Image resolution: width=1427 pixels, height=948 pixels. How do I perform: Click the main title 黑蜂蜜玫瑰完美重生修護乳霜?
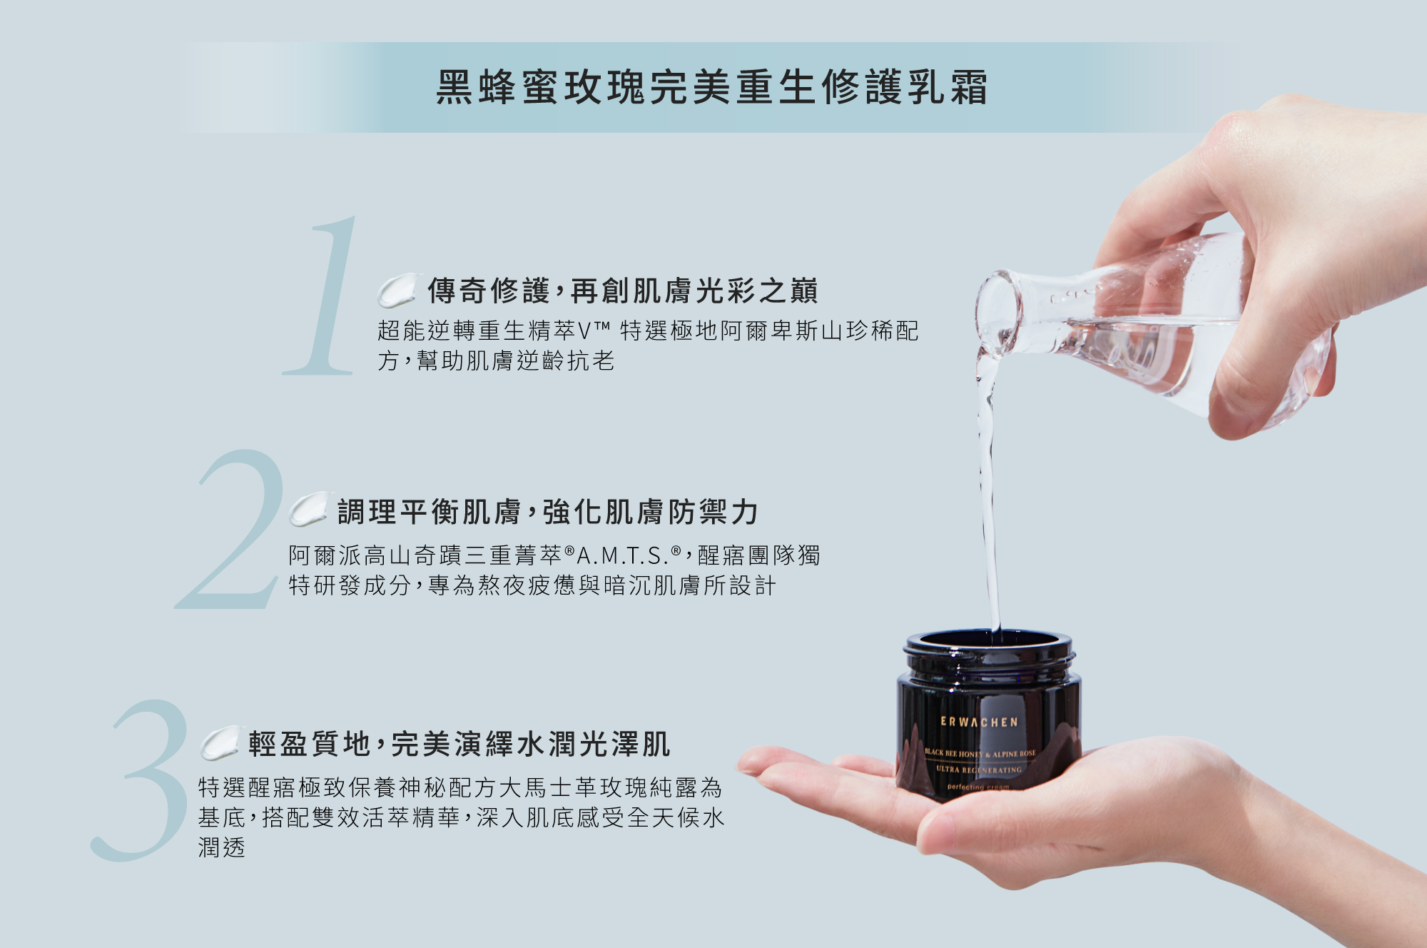point(712,87)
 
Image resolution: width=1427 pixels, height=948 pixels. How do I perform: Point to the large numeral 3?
point(140,780)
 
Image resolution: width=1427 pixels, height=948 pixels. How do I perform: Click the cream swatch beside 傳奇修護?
point(397,290)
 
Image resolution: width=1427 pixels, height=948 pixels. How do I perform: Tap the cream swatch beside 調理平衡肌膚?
point(309,509)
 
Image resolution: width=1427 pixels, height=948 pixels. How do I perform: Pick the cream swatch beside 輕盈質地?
point(220,743)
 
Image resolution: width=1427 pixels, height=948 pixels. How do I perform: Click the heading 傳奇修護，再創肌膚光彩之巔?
point(622,291)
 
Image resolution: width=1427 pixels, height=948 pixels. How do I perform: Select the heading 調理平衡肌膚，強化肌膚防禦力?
point(547,512)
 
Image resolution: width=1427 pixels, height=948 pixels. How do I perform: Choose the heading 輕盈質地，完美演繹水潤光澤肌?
point(459,744)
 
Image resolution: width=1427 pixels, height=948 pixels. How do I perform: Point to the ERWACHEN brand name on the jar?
point(979,722)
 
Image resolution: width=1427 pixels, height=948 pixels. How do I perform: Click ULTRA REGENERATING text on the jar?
point(979,770)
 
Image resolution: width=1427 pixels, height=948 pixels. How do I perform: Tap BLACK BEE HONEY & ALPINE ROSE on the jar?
point(980,753)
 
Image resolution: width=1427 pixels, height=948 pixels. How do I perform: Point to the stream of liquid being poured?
point(988,493)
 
